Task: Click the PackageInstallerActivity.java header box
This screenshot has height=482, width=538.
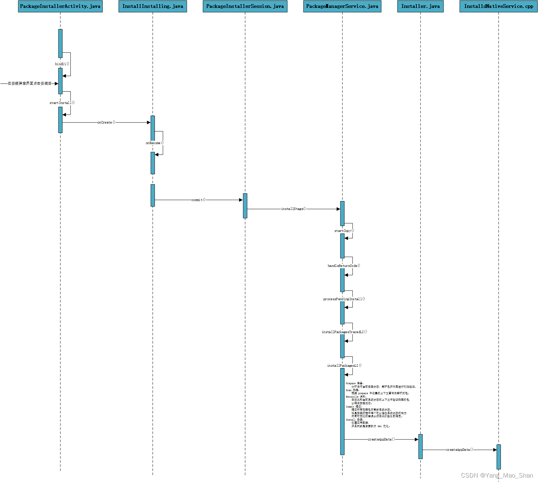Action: (x=60, y=7)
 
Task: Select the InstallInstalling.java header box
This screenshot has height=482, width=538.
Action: (x=153, y=7)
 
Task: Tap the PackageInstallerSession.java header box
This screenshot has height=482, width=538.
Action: (x=245, y=7)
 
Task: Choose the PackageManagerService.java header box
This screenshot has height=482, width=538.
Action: (x=342, y=7)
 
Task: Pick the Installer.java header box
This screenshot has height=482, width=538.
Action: (x=420, y=7)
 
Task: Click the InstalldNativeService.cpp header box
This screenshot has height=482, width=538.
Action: (x=498, y=7)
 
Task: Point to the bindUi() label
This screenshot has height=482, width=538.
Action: (x=62, y=64)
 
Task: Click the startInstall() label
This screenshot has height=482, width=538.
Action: (x=62, y=103)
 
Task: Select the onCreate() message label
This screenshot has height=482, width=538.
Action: (x=106, y=122)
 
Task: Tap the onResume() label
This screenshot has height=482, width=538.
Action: (x=155, y=143)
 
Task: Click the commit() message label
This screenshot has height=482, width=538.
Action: (x=199, y=200)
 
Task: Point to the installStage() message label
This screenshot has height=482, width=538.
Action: (x=293, y=209)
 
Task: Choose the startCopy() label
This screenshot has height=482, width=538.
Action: (x=344, y=231)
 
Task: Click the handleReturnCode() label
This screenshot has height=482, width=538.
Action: (x=344, y=266)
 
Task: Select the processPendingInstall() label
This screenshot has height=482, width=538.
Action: (x=344, y=299)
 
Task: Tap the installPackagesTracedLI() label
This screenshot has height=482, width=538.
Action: (x=344, y=332)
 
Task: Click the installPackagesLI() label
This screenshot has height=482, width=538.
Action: (x=344, y=366)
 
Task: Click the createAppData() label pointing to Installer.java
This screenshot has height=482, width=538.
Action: (x=381, y=439)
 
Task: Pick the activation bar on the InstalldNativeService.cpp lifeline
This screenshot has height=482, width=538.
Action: (x=498, y=457)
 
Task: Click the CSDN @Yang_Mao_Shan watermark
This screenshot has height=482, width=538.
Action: (x=497, y=475)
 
